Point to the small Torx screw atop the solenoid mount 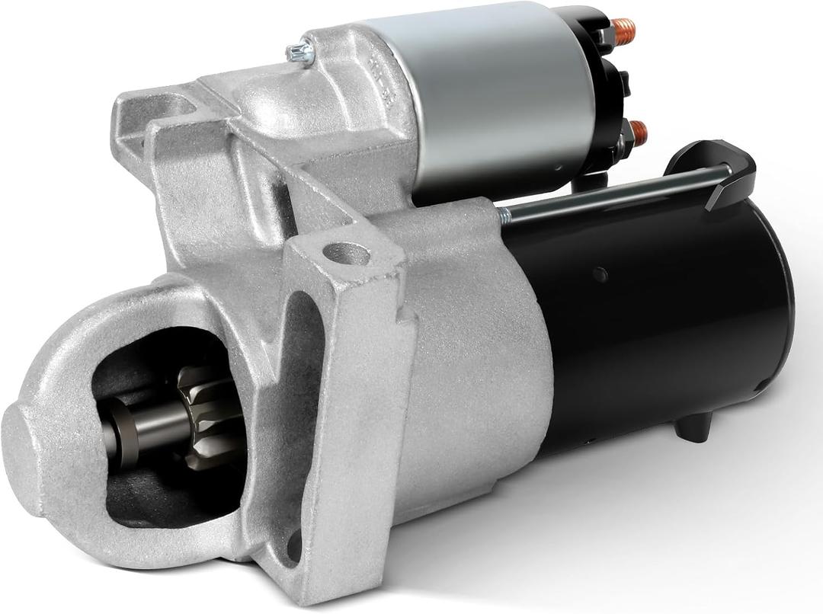pyautogui.click(x=300, y=53)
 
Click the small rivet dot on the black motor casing pyautogui.click(x=601, y=274)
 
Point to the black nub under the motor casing pyautogui.click(x=693, y=427)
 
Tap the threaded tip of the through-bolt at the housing pyautogui.click(x=504, y=216)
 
